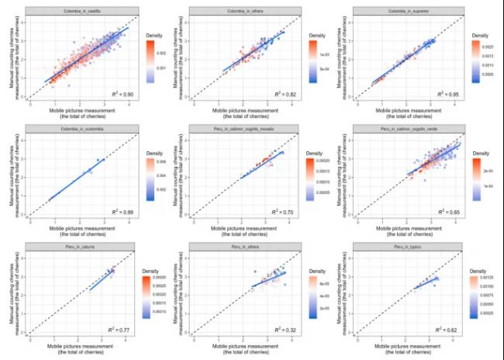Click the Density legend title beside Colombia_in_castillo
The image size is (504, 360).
154,35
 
